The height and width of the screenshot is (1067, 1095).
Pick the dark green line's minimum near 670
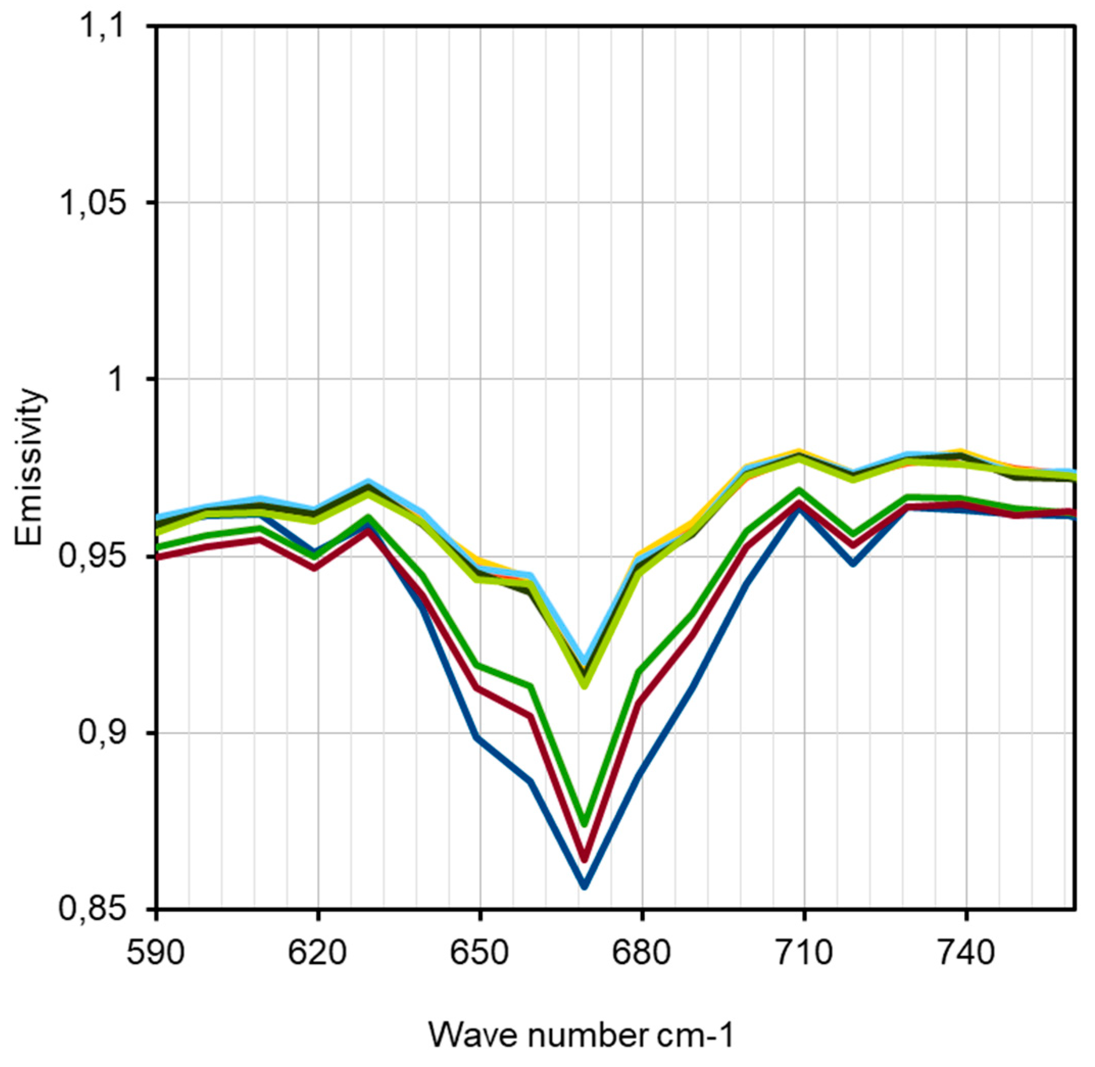click(x=584, y=823)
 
